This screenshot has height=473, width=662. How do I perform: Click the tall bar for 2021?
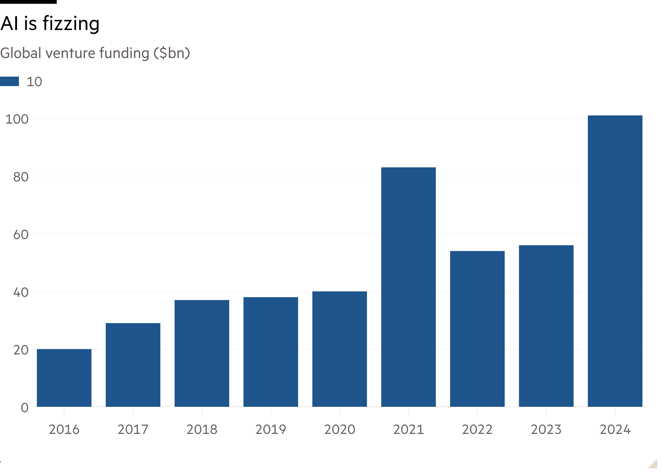point(408,287)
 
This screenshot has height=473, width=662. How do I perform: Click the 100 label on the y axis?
point(17,119)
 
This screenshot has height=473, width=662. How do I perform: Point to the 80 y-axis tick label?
point(21,177)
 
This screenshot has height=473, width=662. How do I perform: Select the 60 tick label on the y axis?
point(21,234)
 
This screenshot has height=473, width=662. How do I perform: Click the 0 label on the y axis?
point(25,407)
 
